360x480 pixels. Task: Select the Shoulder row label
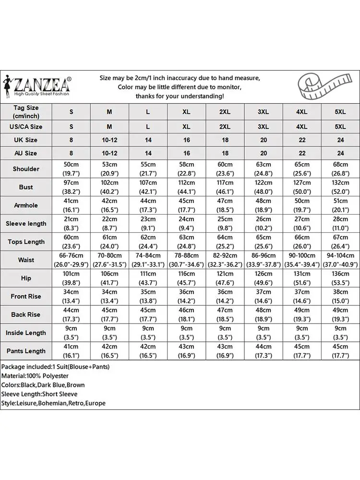point(26,169)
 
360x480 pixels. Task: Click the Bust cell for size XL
point(186,187)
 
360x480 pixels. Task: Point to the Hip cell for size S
point(71,278)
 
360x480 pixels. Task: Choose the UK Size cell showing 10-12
point(109,140)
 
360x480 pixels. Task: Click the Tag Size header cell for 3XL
point(263,112)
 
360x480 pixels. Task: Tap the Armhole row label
point(26,205)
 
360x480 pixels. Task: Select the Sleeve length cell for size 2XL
point(225,224)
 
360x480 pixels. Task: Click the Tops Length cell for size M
point(109,242)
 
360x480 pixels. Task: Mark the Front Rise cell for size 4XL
point(301,296)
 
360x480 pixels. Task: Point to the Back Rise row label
point(26,314)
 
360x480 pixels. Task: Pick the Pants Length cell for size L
point(148,351)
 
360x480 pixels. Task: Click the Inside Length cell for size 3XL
point(263,333)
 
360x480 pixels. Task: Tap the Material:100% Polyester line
point(35,376)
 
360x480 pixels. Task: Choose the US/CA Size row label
point(26,127)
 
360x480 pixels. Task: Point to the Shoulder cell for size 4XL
point(301,169)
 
